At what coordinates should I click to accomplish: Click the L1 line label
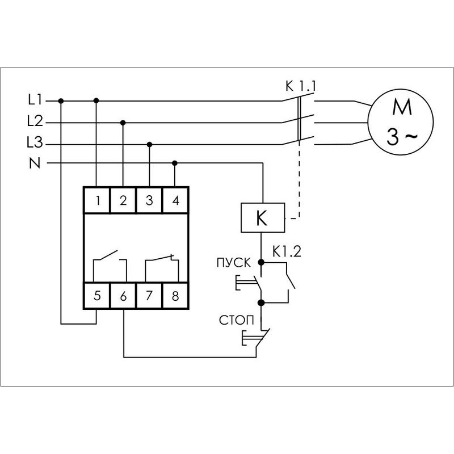click(35, 100)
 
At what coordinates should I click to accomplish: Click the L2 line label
click(35, 121)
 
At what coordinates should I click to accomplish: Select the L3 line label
click(35, 143)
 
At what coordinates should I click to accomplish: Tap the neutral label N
click(34, 163)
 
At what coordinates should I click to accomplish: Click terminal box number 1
click(97, 200)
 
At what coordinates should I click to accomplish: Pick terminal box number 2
click(123, 200)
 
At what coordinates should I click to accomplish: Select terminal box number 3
click(149, 200)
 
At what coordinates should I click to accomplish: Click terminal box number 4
click(175, 200)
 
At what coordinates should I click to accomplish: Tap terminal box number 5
click(97, 296)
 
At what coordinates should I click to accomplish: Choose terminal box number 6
click(123, 296)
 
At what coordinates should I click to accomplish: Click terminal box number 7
click(149, 296)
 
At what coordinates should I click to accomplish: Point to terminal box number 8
click(175, 296)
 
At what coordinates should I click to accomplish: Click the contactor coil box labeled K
click(262, 218)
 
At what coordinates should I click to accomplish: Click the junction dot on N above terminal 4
click(175, 163)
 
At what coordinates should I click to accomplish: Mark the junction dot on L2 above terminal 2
click(123, 122)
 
